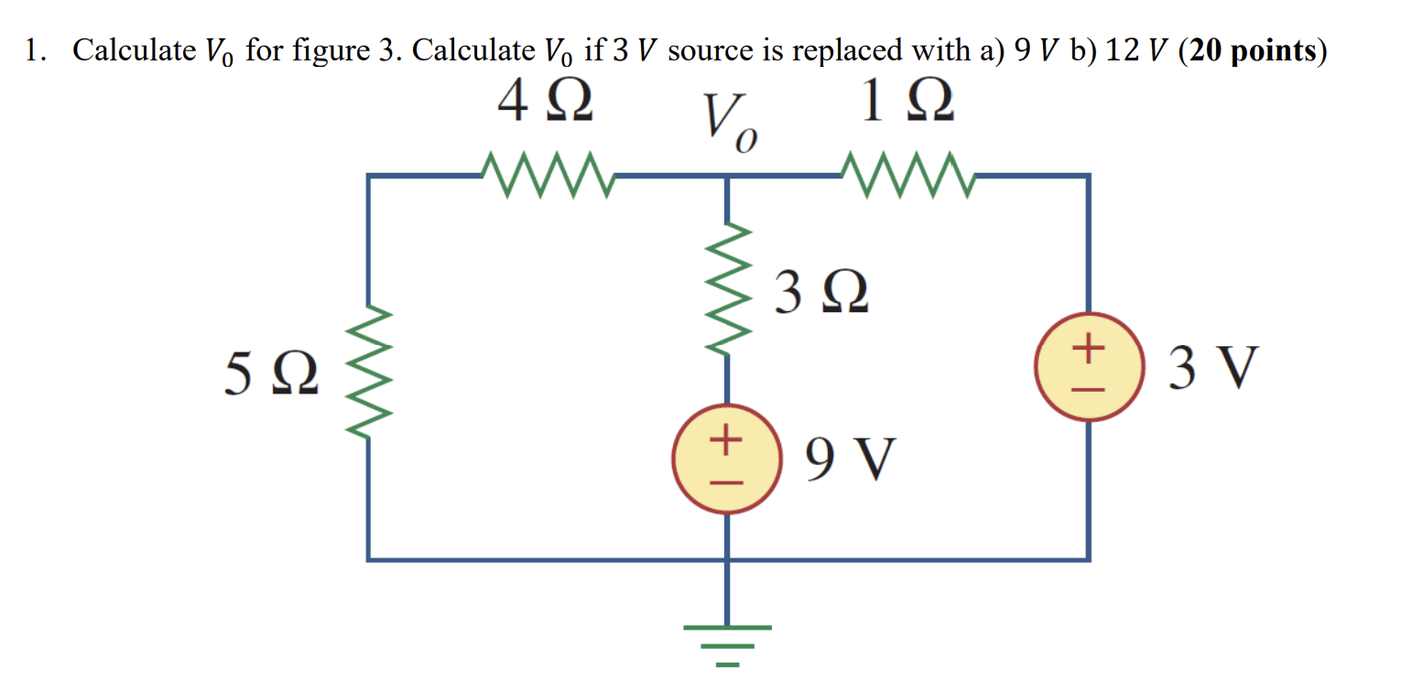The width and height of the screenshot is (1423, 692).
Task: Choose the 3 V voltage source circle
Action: (x=1088, y=368)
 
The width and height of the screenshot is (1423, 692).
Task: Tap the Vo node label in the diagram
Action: (x=729, y=124)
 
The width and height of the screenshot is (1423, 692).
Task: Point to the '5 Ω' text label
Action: (x=272, y=376)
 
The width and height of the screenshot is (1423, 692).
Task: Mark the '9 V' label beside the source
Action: (x=847, y=459)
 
